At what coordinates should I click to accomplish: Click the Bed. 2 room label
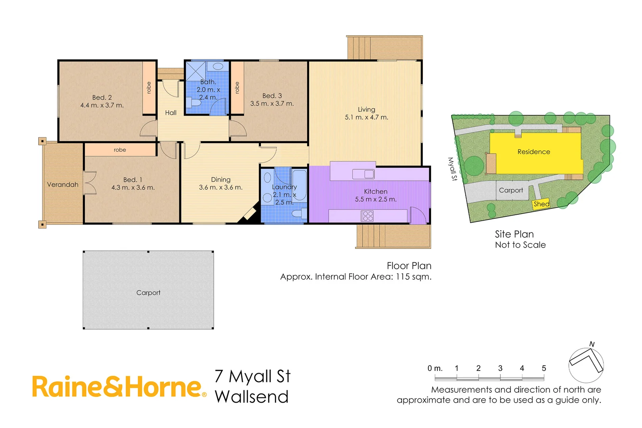pyautogui.click(x=102, y=97)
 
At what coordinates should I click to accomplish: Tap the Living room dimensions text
pyautogui.click(x=366, y=117)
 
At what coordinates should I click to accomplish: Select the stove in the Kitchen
pyautogui.click(x=367, y=216)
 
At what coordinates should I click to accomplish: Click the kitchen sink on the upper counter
pyautogui.click(x=363, y=174)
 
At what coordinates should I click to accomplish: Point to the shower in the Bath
pyautogui.click(x=195, y=71)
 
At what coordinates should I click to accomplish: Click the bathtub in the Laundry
pyautogui.click(x=299, y=185)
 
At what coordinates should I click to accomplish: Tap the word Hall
pyautogui.click(x=171, y=113)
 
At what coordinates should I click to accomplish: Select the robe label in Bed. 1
pyautogui.click(x=120, y=150)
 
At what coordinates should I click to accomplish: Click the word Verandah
pyautogui.click(x=63, y=185)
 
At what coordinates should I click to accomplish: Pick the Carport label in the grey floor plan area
pyautogui.click(x=148, y=293)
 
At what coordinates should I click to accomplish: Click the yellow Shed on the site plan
pyautogui.click(x=541, y=204)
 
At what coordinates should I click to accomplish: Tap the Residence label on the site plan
pyautogui.click(x=533, y=152)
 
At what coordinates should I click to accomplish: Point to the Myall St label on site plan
pyautogui.click(x=452, y=169)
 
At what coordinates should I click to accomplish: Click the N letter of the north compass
pyautogui.click(x=592, y=344)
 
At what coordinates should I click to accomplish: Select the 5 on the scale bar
pyautogui.click(x=544, y=369)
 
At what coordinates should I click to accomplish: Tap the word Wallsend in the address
pyautogui.click(x=252, y=397)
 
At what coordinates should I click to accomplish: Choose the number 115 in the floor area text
pyautogui.click(x=403, y=277)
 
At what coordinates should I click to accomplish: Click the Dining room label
pyautogui.click(x=221, y=180)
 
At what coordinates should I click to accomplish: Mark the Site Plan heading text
pyautogui.click(x=514, y=234)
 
